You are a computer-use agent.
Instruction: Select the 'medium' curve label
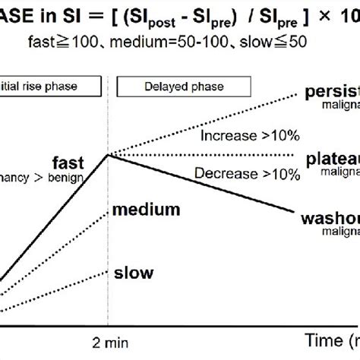click(x=146, y=209)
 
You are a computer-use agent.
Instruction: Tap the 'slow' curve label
click(x=134, y=272)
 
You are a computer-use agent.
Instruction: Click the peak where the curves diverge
click(x=111, y=155)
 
